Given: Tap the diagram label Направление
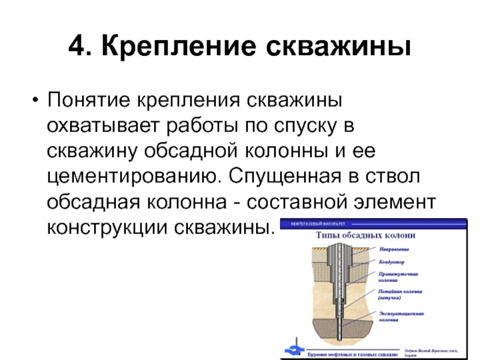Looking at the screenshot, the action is click(x=394, y=248).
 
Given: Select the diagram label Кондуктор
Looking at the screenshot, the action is click(x=392, y=262).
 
